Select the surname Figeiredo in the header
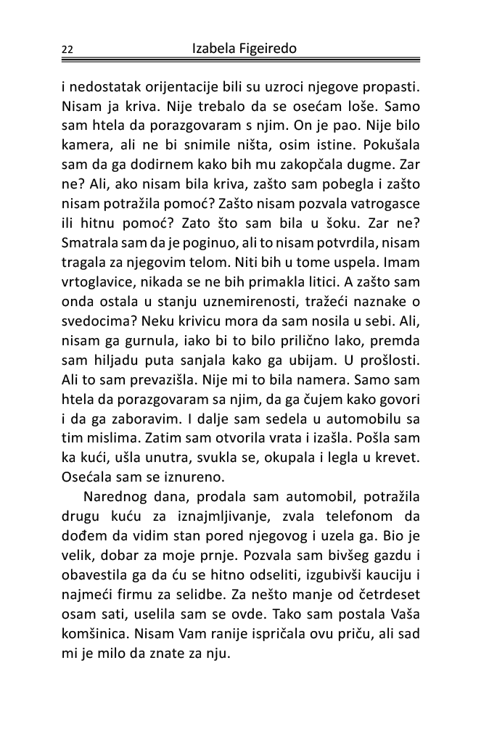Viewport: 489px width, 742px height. click(x=270, y=49)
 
